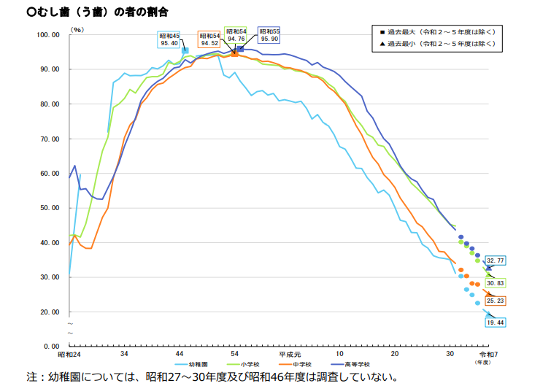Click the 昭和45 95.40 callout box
click(x=170, y=39)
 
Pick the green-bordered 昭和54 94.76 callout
click(x=236, y=35)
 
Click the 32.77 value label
click(x=496, y=260)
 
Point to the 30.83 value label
click(x=496, y=283)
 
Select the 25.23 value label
click(x=496, y=301)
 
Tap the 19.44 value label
click(x=496, y=322)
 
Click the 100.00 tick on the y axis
click(x=47, y=35)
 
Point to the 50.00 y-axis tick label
click(x=49, y=208)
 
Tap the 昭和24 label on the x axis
click(x=69, y=354)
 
